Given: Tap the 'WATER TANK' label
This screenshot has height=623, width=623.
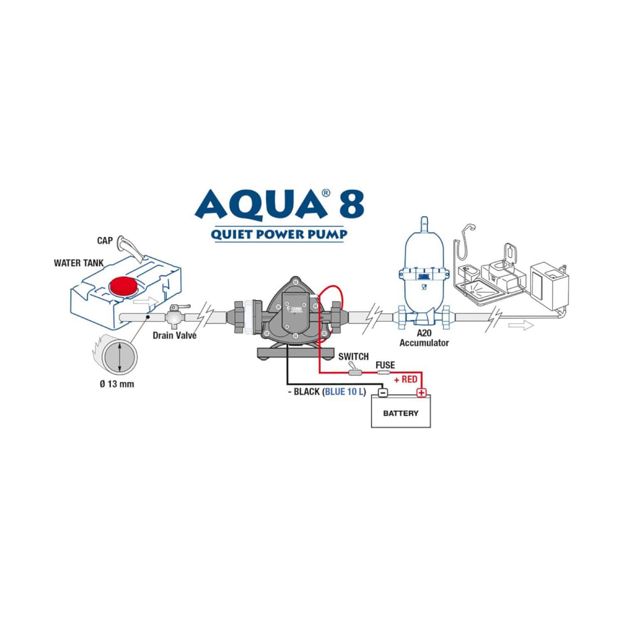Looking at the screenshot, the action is point(79,263).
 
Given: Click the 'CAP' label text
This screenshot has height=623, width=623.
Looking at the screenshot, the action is point(104,240).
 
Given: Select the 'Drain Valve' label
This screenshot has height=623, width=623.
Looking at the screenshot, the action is point(174,335).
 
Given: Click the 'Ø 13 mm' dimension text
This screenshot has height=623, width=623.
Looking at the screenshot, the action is point(117,384).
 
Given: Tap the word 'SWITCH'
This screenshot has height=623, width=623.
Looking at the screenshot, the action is point(353,356).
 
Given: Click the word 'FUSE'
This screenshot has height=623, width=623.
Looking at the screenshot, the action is point(385,365).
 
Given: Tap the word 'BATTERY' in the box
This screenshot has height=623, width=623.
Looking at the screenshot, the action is point(401,413).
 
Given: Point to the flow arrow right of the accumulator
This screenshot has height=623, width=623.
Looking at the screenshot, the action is point(527,326).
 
